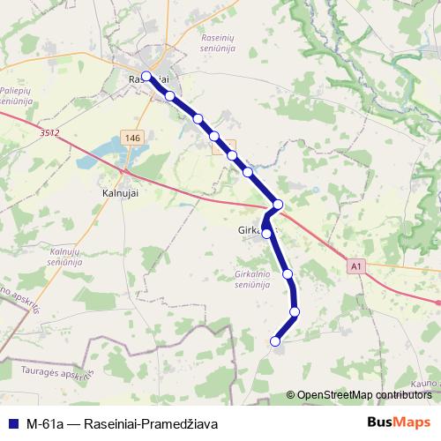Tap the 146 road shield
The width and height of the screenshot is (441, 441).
[x=133, y=138]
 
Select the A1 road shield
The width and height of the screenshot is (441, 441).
[x=355, y=265]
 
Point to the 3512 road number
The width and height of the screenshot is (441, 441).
[x=49, y=132]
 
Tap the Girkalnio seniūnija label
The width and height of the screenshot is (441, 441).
[x=258, y=279]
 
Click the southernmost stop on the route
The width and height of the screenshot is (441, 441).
[x=275, y=341]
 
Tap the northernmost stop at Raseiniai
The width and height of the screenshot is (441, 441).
[x=146, y=76]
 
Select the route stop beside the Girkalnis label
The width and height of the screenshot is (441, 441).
[x=266, y=234]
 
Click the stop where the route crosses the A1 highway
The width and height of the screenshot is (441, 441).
[x=278, y=205]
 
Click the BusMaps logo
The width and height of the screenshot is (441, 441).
[x=399, y=422]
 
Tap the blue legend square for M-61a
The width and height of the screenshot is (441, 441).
[x=13, y=423]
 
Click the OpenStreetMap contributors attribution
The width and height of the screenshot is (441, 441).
[x=363, y=395]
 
